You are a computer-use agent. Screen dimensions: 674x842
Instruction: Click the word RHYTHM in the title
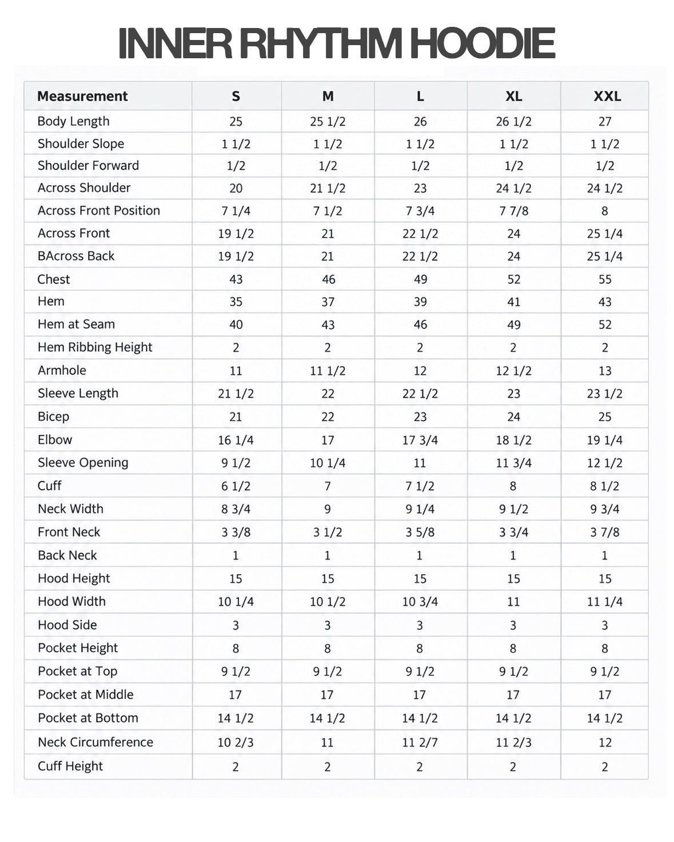coord(320,43)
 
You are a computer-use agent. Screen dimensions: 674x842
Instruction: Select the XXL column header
coord(607,96)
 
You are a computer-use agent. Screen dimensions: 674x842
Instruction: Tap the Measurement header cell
coord(82,96)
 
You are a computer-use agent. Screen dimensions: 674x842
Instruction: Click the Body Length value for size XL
coord(513,122)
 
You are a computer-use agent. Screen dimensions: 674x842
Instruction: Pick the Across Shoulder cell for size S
coord(236,188)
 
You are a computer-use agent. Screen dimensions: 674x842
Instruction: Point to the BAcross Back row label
coord(76,256)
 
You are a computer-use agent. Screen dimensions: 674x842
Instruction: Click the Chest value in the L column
coord(420,279)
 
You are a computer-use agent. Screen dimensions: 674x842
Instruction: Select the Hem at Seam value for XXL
coord(604,324)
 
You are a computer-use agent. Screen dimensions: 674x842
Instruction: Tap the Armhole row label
coord(62,370)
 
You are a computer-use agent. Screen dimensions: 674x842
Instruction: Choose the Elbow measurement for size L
coord(420,440)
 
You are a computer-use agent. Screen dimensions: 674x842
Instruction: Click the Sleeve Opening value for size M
coord(328,463)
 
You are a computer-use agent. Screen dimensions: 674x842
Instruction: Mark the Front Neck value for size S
coord(236,532)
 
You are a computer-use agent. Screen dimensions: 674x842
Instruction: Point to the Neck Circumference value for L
coord(420,743)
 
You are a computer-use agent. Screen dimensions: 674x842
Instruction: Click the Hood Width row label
coord(71,602)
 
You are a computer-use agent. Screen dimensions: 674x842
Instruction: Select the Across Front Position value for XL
coord(513,211)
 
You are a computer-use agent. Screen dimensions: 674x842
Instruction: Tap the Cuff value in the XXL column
coord(604,486)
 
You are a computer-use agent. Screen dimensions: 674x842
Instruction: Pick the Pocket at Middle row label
coord(85,695)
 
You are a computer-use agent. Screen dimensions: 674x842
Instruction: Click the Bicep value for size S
coord(236,417)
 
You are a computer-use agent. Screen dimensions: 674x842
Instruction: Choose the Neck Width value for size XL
coord(513,510)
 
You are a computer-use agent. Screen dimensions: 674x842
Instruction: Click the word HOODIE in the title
coord(483,43)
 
